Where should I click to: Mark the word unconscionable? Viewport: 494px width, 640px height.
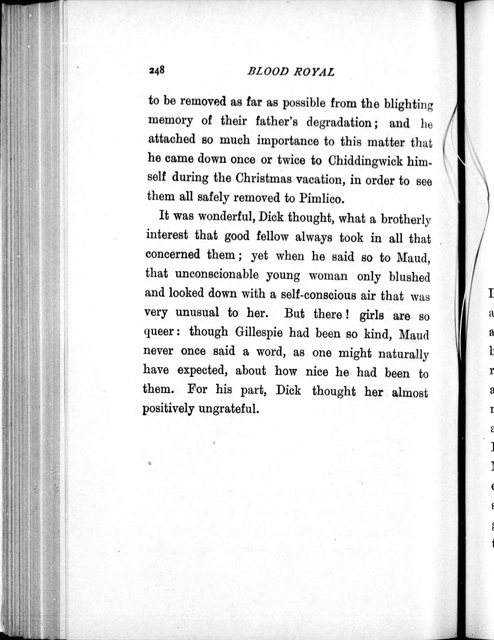(x=217, y=275)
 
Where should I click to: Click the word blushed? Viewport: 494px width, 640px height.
(x=409, y=277)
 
